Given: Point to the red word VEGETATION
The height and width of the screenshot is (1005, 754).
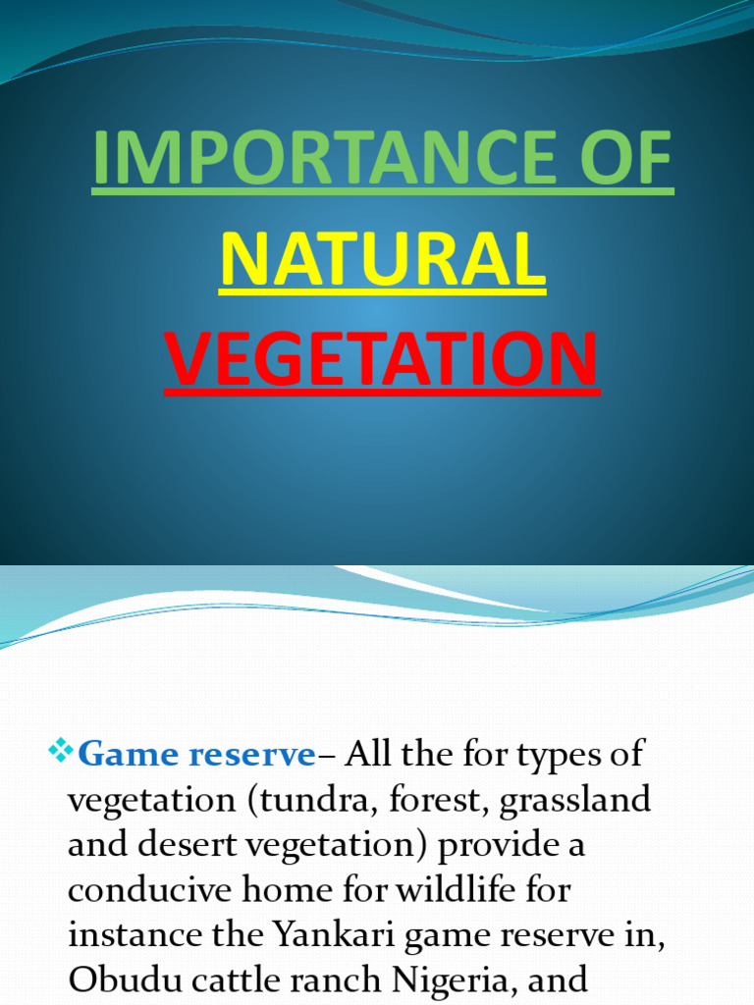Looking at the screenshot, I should [382, 359].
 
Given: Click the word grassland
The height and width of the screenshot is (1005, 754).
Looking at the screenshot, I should [575, 799].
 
